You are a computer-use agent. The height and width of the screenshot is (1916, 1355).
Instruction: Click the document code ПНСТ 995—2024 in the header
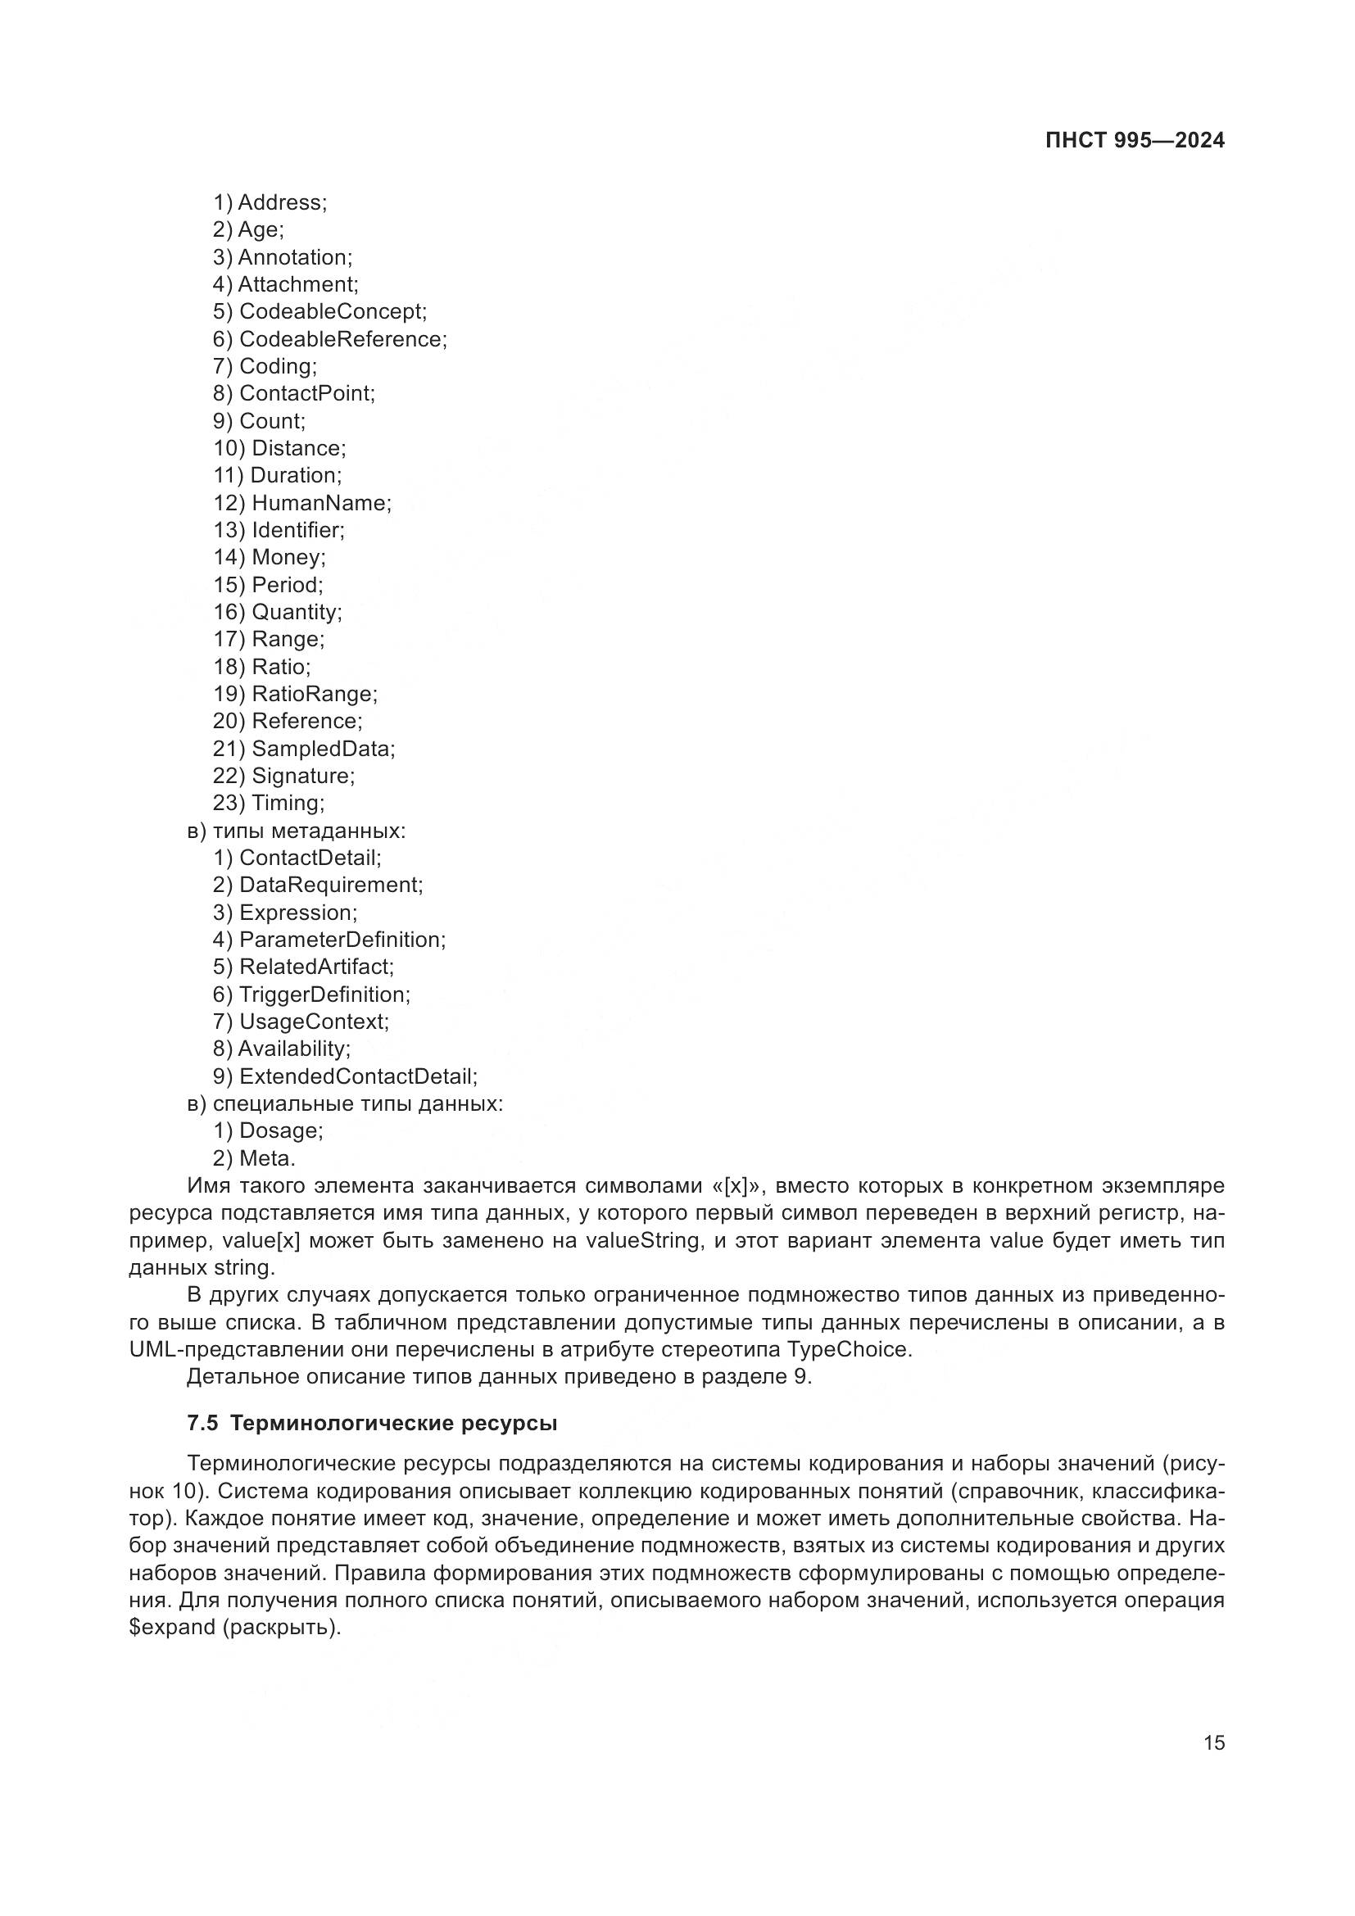point(1134,140)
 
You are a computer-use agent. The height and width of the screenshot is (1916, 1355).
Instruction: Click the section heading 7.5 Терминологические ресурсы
point(372,1424)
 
